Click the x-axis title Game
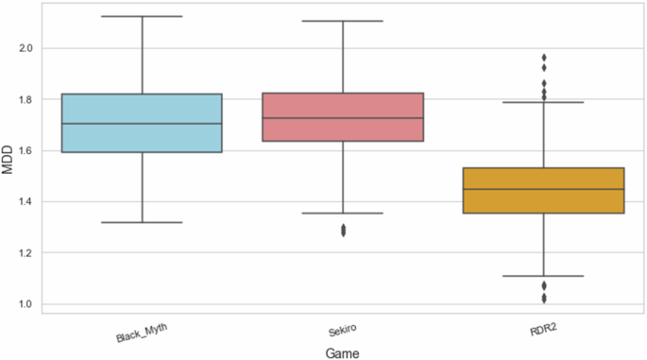343,351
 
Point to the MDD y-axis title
9,160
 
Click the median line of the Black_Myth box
142,124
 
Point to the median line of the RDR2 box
544,189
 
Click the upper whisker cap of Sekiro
343,21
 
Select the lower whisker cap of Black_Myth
142,222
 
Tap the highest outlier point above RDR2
544,58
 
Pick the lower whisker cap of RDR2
544,276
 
